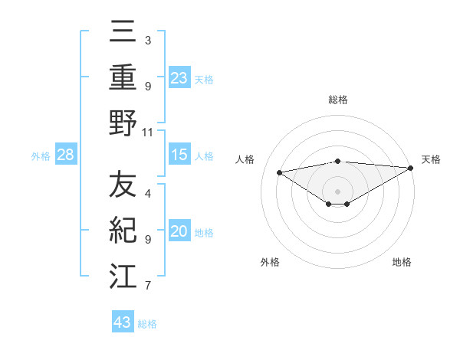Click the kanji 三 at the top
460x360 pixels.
coord(123,32)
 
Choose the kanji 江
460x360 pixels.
coord(123,277)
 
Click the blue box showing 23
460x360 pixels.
coord(179,78)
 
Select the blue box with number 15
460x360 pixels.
coord(179,155)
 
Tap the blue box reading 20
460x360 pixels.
coord(179,232)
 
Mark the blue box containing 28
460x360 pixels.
coord(66,155)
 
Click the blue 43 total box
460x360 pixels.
coord(122,322)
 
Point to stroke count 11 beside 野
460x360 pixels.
coord(148,132)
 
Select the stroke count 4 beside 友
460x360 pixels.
coord(148,194)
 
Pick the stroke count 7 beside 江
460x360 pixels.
coord(148,286)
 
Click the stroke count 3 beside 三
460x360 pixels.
coord(148,40)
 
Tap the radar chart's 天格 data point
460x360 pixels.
coord(411,168)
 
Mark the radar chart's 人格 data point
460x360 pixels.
coord(280,172)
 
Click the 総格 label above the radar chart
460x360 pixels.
coord(337,100)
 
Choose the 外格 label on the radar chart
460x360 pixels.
coord(270,262)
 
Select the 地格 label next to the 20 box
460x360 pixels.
coord(204,233)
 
